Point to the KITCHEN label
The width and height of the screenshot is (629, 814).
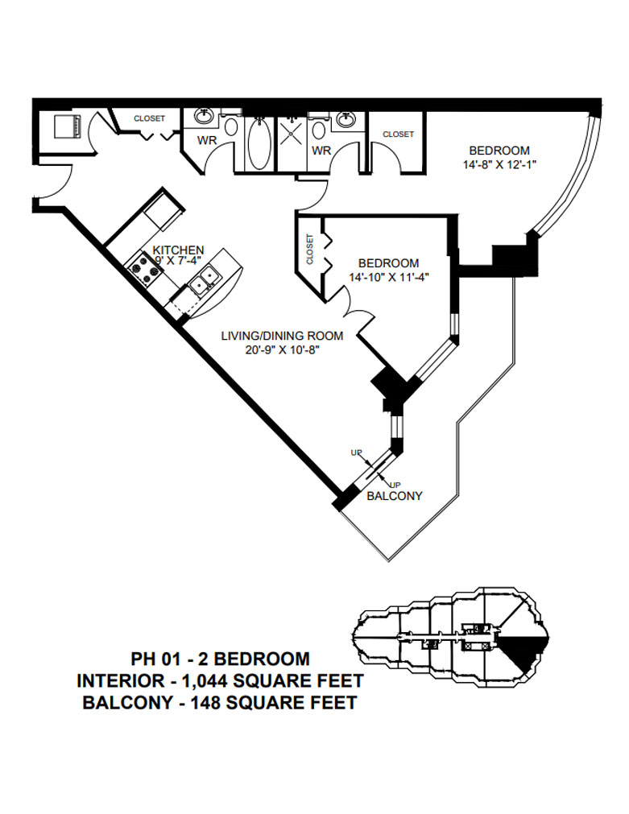[178, 250]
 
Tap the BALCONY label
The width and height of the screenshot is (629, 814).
[395, 496]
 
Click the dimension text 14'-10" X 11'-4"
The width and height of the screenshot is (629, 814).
[388, 279]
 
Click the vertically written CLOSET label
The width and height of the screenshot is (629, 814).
[310, 250]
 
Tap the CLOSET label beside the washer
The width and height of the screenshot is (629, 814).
[149, 118]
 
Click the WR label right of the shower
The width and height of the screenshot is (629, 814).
[321, 151]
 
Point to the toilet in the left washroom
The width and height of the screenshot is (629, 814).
[230, 126]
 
